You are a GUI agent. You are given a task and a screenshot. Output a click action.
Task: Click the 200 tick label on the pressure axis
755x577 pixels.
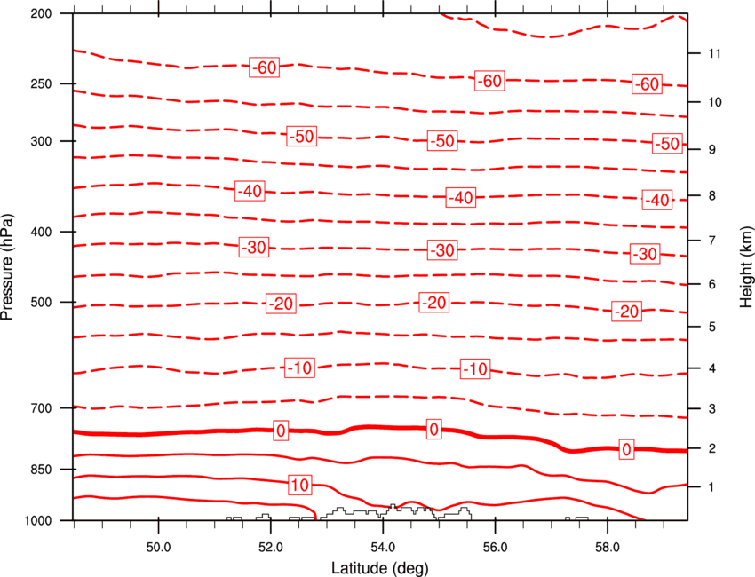[41, 13]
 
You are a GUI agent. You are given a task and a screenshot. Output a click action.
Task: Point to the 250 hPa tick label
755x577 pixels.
[41, 83]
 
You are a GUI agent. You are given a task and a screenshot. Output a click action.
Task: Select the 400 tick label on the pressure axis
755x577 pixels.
[41, 232]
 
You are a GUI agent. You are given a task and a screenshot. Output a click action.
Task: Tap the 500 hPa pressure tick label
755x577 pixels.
[41, 302]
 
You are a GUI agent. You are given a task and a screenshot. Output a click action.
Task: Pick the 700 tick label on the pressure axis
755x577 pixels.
[41, 408]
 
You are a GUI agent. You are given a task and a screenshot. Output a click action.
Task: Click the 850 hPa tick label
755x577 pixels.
[41, 470]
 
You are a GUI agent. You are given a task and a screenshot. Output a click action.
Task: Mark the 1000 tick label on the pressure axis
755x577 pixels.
[38, 520]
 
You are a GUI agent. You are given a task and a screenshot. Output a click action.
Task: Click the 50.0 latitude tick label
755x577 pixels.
[158, 548]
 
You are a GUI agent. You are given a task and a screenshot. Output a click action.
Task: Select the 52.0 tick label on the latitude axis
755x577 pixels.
[271, 548]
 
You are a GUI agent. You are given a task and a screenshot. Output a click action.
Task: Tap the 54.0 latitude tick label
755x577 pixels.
[384, 548]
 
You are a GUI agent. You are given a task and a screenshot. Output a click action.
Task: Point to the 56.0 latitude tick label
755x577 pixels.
[496, 548]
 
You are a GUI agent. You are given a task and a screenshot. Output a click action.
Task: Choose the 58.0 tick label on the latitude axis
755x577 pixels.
[608, 548]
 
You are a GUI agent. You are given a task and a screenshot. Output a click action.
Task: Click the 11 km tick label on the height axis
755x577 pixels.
[714, 53]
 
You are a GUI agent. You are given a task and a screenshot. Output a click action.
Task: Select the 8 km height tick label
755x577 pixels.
[712, 195]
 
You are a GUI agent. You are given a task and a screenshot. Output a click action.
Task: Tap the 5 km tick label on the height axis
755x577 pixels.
[712, 327]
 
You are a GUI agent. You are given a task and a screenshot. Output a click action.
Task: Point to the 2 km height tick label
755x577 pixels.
[712, 448]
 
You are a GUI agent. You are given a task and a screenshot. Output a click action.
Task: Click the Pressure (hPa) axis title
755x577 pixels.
[7, 266]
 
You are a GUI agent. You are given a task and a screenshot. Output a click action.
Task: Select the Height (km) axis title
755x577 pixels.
[746, 266]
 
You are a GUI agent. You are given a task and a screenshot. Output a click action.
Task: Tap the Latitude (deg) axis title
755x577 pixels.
[380, 568]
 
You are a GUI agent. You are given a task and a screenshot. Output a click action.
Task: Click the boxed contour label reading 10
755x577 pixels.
[300, 485]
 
